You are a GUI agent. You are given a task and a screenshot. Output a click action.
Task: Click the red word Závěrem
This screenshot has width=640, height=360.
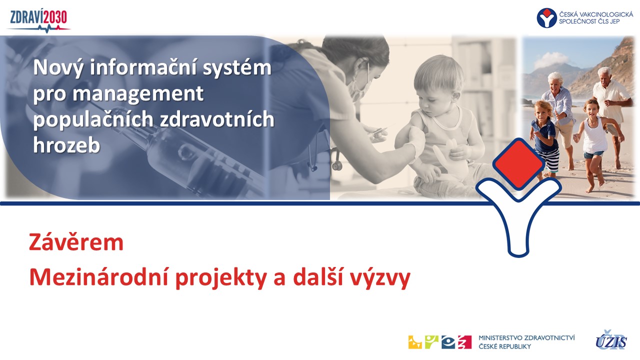coord(76,242)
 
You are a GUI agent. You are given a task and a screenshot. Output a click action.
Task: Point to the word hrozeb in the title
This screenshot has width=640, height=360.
coord(66,145)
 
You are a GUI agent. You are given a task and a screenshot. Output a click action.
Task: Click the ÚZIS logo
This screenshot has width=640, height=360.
coord(611,340)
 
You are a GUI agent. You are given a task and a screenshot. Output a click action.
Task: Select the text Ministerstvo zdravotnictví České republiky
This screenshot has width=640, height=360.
coord(526,342)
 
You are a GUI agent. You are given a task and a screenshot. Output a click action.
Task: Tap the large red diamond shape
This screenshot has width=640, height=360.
coord(518,163)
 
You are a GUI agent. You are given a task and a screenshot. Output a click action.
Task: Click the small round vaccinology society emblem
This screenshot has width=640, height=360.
coord(546,17)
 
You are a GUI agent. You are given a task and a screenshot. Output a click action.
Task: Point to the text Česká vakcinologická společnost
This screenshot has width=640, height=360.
coord(595,17)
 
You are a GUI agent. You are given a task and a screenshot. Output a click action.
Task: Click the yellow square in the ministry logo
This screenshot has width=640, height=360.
coord(415,342)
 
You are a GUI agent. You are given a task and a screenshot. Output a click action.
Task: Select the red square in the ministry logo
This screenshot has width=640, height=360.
coord(465,342)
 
